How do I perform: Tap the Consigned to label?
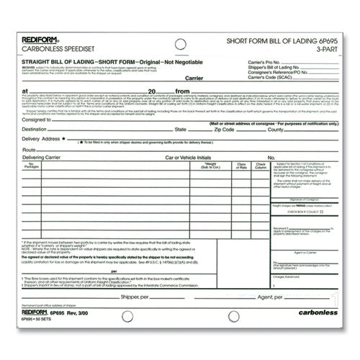coord(37,121)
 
